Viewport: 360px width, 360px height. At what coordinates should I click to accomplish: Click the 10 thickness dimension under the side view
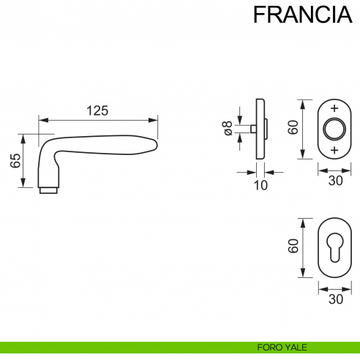pyautogui.click(x=260, y=185)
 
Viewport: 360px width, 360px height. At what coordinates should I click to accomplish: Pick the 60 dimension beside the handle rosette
pyautogui.click(x=292, y=128)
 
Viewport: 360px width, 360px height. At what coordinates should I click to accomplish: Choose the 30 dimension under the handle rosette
pyautogui.click(x=334, y=181)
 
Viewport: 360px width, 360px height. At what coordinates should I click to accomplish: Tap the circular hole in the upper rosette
pyautogui.click(x=334, y=130)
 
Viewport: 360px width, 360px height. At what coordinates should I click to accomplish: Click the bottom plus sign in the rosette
pyautogui.click(x=334, y=150)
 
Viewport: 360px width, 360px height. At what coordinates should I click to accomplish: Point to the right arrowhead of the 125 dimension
pyautogui.click(x=154, y=120)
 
